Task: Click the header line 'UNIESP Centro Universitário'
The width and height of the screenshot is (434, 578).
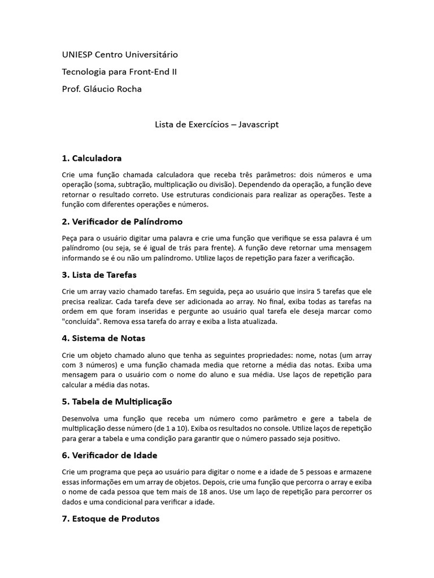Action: pyautogui.click(x=120, y=55)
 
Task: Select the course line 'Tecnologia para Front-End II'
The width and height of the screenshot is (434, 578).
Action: pyautogui.click(x=119, y=72)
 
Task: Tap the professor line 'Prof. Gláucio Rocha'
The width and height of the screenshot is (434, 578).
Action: pyautogui.click(x=102, y=89)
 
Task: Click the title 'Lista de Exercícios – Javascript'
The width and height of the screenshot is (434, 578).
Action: pyautogui.click(x=217, y=124)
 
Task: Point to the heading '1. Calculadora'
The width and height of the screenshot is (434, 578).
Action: pyautogui.click(x=92, y=158)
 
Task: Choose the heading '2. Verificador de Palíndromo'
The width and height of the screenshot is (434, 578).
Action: pyautogui.click(x=122, y=221)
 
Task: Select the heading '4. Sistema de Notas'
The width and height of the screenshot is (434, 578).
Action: pyautogui.click(x=103, y=338)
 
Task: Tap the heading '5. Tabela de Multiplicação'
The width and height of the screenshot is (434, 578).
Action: pyautogui.click(x=117, y=401)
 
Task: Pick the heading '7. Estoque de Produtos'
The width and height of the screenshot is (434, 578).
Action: pyautogui.click(x=111, y=518)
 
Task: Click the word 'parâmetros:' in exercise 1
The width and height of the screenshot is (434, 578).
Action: pyautogui.click(x=279, y=174)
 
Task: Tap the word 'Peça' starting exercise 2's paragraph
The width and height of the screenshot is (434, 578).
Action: pyautogui.click(x=70, y=238)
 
